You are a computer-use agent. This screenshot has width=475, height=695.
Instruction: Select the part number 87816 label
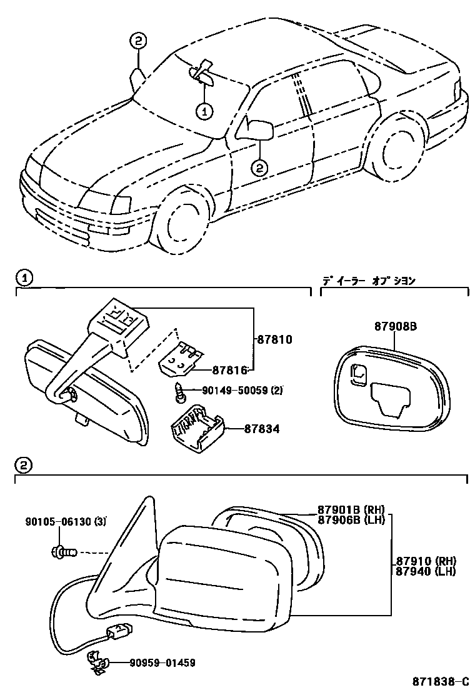point(229,370)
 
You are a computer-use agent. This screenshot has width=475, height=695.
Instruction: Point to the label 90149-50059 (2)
point(242,391)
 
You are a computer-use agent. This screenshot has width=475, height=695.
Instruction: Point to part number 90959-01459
point(167,662)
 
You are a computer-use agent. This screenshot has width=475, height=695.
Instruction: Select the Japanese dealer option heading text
point(369,281)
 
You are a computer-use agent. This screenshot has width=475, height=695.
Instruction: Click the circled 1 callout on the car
point(204,111)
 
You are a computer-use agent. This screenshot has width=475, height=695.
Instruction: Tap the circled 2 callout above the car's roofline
point(138,41)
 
